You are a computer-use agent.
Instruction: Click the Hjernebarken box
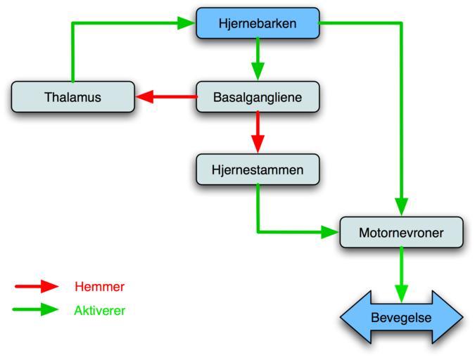pos(258,23)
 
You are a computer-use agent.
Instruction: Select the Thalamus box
pos(72,97)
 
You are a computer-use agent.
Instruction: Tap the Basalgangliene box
pos(258,97)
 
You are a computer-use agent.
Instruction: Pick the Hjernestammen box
pos(258,169)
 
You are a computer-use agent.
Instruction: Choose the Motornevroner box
pos(401,232)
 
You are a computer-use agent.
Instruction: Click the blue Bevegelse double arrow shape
pos(401,318)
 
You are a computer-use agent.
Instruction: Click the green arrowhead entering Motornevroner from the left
pos(330,231)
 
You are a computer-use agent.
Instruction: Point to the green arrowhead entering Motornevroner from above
pos(402,207)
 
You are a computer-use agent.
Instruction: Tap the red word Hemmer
pos(99,286)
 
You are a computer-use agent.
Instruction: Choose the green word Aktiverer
pos(99,310)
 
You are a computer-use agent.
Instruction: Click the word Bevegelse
pos(402,318)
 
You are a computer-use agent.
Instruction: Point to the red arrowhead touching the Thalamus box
pos(145,96)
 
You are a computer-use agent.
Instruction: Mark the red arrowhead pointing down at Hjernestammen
pos(258,143)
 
